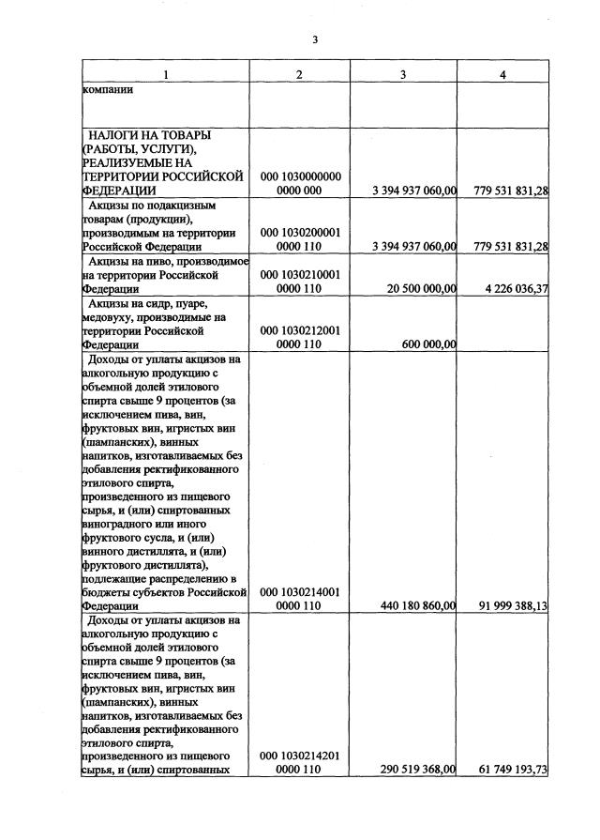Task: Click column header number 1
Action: pos(165,75)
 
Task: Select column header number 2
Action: pos(299,75)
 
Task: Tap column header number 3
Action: pos(404,75)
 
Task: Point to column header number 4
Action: pos(502,75)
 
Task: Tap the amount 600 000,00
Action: pos(430,344)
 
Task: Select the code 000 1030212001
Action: pos(300,330)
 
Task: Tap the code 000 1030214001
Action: pos(300,592)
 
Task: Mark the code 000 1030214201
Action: pos(300,756)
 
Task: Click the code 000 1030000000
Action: pos(300,176)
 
